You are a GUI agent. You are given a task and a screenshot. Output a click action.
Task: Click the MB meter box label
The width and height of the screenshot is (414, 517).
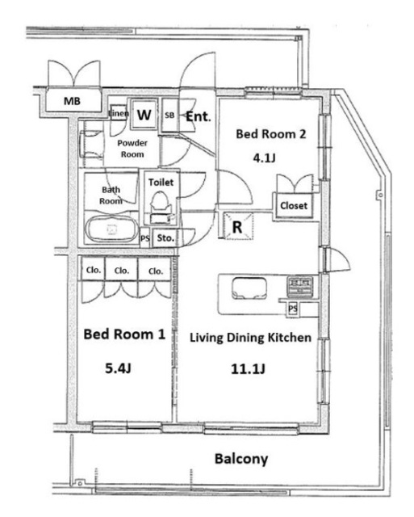tap(72, 101)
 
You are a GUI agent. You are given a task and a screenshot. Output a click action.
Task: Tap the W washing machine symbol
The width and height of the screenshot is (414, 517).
tap(144, 115)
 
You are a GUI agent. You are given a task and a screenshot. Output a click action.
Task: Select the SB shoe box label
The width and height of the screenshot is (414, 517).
tap(169, 116)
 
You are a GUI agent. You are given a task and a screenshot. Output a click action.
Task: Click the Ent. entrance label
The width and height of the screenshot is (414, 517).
tap(198, 116)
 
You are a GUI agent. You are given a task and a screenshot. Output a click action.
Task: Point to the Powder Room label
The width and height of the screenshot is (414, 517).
tap(132, 149)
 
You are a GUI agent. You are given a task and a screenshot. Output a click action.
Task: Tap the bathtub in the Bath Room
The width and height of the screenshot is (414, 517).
tap(112, 229)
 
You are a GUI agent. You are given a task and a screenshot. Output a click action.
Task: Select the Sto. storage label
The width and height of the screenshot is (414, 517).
tap(165, 237)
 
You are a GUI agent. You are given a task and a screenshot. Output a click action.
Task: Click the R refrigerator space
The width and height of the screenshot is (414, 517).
tap(238, 227)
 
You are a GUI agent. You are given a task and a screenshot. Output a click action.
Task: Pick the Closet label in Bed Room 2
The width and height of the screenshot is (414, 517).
tap(294, 206)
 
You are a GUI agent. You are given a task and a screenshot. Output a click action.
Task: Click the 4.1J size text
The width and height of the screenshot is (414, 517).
tap(264, 158)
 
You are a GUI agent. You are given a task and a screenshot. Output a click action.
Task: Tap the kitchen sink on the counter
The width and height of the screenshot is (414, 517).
tap(249, 288)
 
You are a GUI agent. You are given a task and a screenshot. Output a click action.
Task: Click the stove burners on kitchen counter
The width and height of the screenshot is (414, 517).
tap(300, 285)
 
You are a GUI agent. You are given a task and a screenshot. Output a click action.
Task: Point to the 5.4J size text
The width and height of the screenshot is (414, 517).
tap(119, 368)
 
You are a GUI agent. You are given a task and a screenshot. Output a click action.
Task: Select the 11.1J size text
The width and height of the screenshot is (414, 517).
tap(248, 368)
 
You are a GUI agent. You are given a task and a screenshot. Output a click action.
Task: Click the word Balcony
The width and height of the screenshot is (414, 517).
tap(241, 459)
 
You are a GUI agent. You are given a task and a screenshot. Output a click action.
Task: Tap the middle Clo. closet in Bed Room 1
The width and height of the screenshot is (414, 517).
tap(122, 271)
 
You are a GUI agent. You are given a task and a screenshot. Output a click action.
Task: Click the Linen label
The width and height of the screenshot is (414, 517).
tap(119, 113)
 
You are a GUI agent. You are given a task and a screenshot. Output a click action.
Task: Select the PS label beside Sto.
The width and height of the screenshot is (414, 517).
tap(145, 238)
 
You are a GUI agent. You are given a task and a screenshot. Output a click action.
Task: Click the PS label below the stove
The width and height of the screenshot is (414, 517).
tap(293, 309)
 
